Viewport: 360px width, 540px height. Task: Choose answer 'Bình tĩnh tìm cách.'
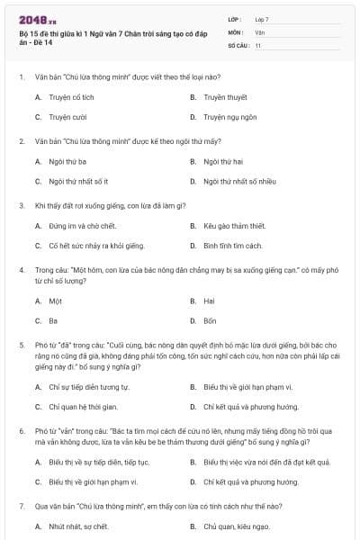(x=232, y=246)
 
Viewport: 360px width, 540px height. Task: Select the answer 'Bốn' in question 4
(x=209, y=320)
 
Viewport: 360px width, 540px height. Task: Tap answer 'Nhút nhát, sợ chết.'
(x=78, y=526)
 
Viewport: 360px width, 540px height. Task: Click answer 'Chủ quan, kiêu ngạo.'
(x=236, y=526)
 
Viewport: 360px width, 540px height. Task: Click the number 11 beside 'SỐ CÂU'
(x=258, y=44)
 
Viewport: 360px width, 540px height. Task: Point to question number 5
(x=22, y=344)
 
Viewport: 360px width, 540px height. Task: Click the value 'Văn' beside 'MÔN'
(x=259, y=31)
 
